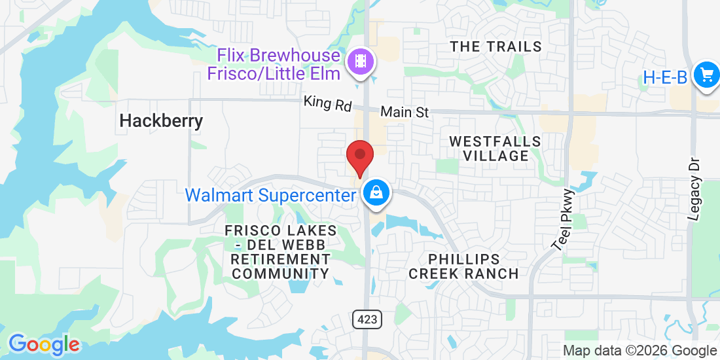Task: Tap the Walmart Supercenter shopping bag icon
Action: (376, 193)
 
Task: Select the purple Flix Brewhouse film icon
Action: (361, 62)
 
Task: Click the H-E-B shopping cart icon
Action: (706, 75)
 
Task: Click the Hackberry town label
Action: (161, 121)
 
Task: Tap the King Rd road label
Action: (327, 104)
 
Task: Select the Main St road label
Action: (405, 113)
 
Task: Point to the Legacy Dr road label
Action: (695, 190)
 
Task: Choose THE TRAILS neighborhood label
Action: (496, 46)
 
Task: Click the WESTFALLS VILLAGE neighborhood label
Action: (495, 149)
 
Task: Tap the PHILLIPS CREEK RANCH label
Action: (463, 266)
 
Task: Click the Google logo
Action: (44, 344)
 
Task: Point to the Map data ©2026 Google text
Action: (640, 351)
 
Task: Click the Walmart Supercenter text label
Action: (270, 195)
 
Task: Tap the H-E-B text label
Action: (664, 77)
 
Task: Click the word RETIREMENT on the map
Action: (280, 260)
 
